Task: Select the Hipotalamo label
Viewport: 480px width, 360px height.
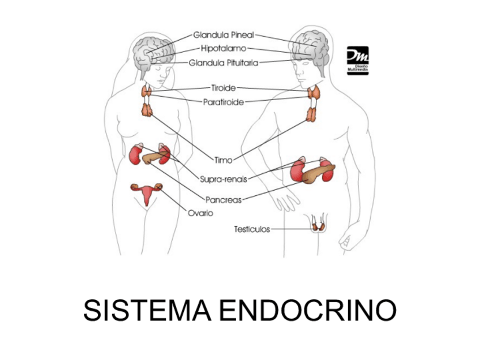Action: coord(223,49)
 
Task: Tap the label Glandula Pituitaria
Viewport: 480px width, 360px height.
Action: coord(224,63)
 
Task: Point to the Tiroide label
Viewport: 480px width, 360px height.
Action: coord(223,88)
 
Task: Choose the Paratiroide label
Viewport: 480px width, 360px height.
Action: coord(223,102)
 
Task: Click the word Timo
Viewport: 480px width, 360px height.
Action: coord(223,160)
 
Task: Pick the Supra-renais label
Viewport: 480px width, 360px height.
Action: coord(223,179)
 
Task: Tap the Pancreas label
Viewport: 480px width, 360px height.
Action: coord(223,199)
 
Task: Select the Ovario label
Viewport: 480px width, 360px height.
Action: coord(200,213)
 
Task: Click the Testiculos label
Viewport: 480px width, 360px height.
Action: coord(252,229)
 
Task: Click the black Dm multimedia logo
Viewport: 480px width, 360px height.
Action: coord(357,60)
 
